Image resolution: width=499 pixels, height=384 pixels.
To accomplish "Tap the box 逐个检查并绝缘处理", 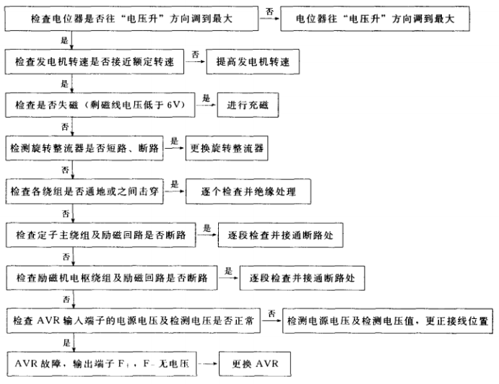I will point(249,192).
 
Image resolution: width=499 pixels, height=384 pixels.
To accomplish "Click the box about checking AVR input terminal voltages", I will point(133,320).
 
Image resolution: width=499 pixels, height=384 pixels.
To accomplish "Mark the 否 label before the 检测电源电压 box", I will point(272,312).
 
